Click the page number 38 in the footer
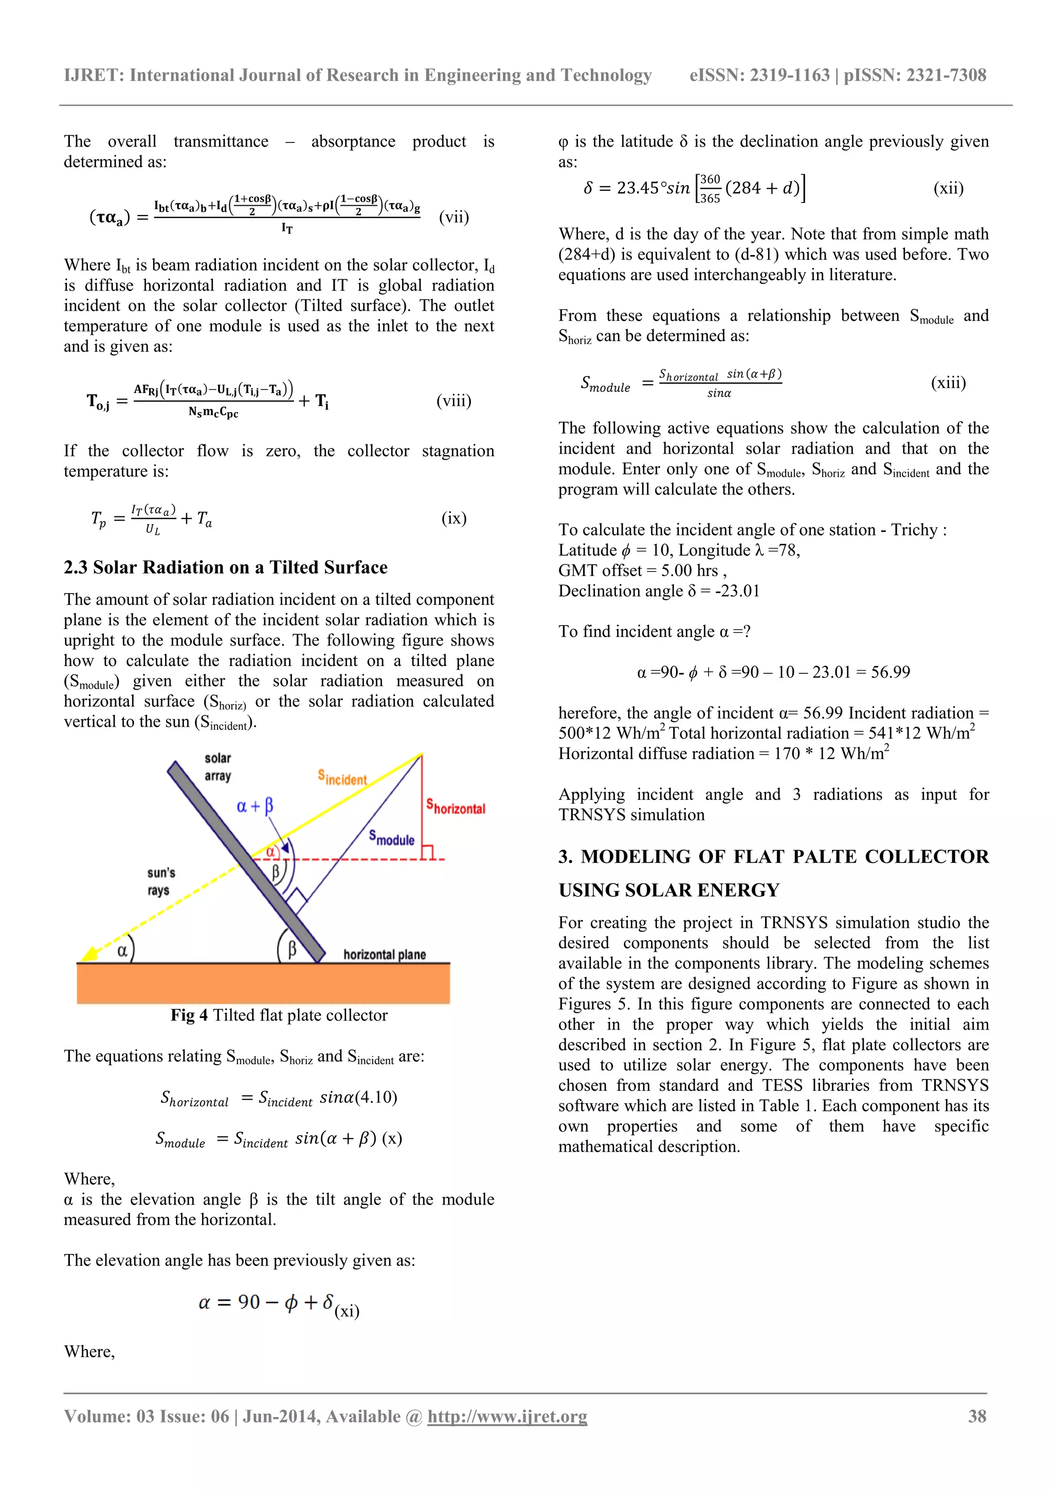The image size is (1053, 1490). [976, 1416]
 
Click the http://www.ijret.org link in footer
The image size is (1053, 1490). [507, 1416]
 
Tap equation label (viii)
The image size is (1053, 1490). [453, 401]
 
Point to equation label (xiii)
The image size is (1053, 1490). [948, 382]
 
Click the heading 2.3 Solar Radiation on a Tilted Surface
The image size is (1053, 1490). [225, 567]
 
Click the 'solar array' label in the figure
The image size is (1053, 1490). [217, 766]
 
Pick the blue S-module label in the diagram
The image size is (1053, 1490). [391, 838]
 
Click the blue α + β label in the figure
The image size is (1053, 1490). [255, 806]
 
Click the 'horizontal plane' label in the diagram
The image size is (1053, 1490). [384, 954]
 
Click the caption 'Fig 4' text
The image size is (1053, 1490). [189, 1015]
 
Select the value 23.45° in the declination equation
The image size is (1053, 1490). [638, 188]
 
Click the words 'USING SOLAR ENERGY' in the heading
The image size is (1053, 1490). [668, 890]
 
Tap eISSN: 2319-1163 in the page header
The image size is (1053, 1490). [759, 75]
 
